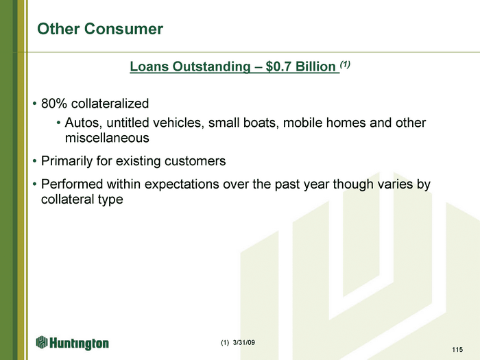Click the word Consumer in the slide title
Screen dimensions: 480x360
123,29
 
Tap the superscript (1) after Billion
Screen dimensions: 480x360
345,64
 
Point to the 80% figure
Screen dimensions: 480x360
54,104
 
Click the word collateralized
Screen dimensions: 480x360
110,104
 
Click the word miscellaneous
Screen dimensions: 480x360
107,138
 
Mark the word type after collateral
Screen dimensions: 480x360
110,200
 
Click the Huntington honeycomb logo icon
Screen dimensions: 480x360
42,342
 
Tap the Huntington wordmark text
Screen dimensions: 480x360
79,343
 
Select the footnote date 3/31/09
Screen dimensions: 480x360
243,343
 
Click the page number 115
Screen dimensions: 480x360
457,350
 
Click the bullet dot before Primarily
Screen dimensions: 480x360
35,161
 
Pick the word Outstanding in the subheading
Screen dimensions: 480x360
211,67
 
